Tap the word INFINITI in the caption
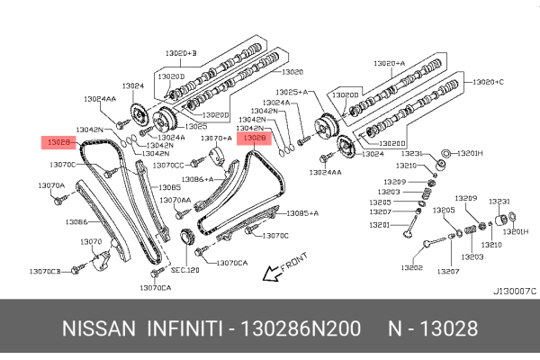pyautogui.click(x=184, y=328)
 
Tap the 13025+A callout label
pyautogui.click(x=292, y=93)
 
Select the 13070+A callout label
pyautogui.click(x=215, y=139)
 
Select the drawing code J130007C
pyautogui.click(x=514, y=291)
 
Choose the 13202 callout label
pyautogui.click(x=411, y=267)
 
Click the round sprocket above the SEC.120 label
pyautogui.click(x=186, y=239)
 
